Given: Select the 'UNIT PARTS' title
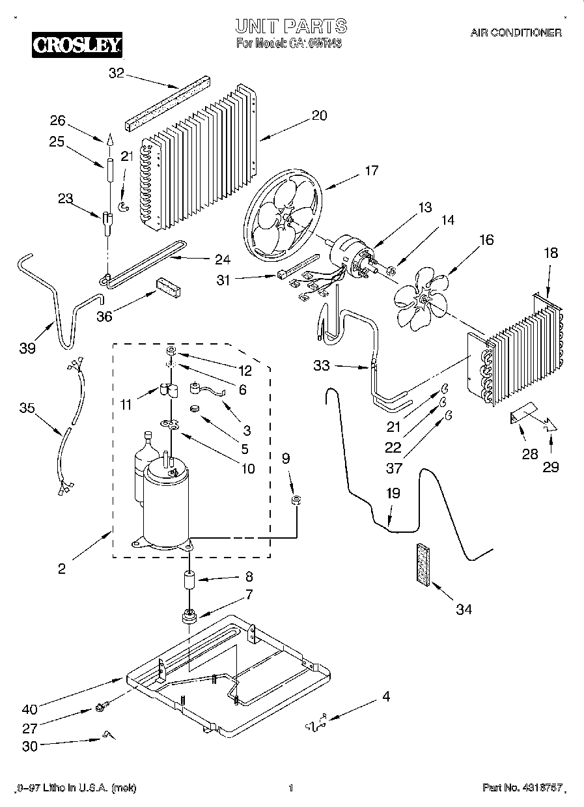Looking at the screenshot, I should (x=290, y=26).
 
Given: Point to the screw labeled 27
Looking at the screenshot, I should (x=101, y=706).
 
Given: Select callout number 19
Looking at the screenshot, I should (x=393, y=493).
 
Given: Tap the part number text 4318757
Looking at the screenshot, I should (x=521, y=788).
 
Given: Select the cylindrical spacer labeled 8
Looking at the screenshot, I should (x=189, y=579).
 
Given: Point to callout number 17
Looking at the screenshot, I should (x=371, y=171).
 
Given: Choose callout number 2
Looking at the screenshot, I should (x=61, y=569).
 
